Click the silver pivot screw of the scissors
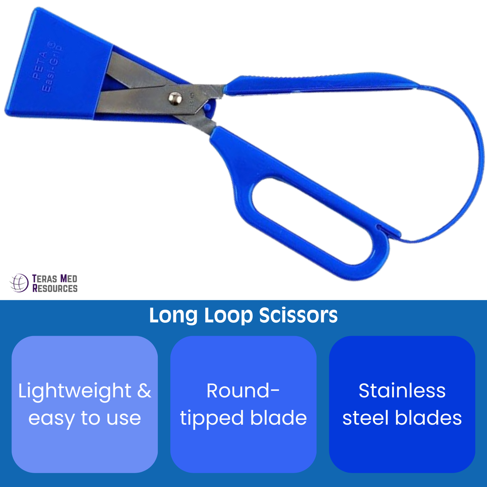(x=175, y=98)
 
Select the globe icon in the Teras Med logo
(x=19, y=283)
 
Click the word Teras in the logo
(x=45, y=279)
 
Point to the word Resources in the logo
(x=55, y=288)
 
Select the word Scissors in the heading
(x=298, y=316)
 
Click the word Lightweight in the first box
(x=75, y=391)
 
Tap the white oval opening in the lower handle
(x=312, y=221)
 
